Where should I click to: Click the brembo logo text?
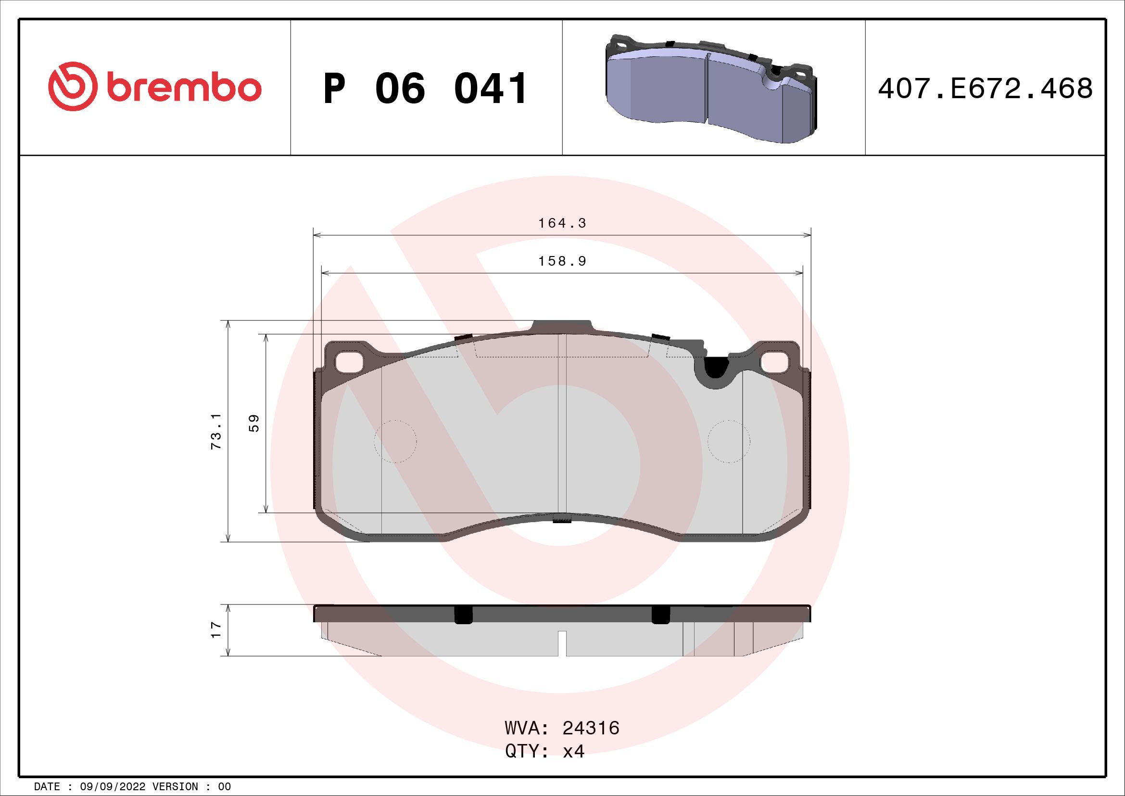[182, 88]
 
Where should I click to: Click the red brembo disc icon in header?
[71, 86]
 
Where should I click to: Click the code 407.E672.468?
[985, 89]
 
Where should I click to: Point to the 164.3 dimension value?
[562, 223]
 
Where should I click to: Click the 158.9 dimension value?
[562, 261]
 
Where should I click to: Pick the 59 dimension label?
[254, 423]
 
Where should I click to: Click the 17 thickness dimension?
[216, 630]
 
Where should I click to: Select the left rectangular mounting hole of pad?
[349, 362]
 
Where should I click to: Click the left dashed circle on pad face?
[395, 441]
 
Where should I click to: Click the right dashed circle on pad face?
[729, 441]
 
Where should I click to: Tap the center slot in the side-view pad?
[563, 643]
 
